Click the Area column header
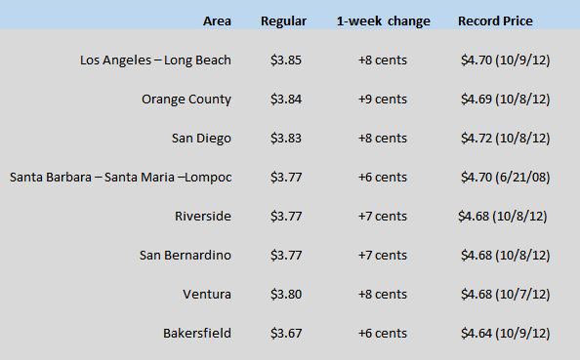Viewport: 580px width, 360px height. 217,20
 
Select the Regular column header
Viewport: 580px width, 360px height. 283,20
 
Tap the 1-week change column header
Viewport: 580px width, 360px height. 383,20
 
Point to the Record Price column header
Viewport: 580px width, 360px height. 495,20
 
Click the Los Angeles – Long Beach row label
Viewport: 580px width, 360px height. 155,60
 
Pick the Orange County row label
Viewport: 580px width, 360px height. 186,99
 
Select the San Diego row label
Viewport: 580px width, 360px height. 201,138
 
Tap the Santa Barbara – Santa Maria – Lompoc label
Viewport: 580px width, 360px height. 120,177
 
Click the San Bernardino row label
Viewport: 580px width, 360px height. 185,255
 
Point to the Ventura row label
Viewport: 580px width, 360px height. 207,294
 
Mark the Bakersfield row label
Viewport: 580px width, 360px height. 197,333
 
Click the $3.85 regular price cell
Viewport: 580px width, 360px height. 285,60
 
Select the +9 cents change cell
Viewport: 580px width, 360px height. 383,99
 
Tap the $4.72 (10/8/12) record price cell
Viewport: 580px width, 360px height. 505,138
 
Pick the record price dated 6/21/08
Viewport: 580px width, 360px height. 505,177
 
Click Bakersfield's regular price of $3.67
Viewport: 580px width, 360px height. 285,333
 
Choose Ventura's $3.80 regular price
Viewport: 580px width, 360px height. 285,294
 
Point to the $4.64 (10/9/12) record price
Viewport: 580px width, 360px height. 505,333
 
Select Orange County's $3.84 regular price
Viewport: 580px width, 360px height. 285,99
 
